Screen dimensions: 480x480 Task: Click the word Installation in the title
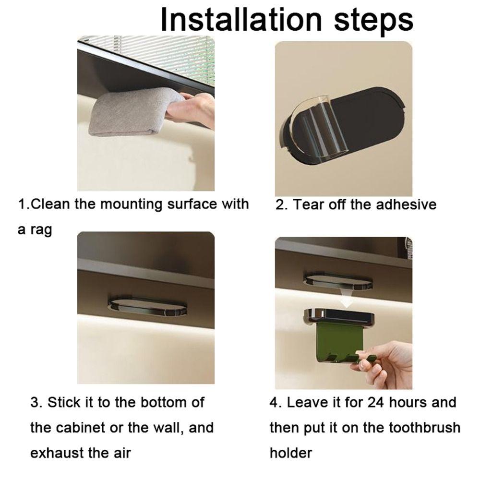[241, 20]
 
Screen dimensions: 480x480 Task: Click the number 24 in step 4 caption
[375, 402]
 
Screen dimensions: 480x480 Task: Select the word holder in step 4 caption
[291, 453]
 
